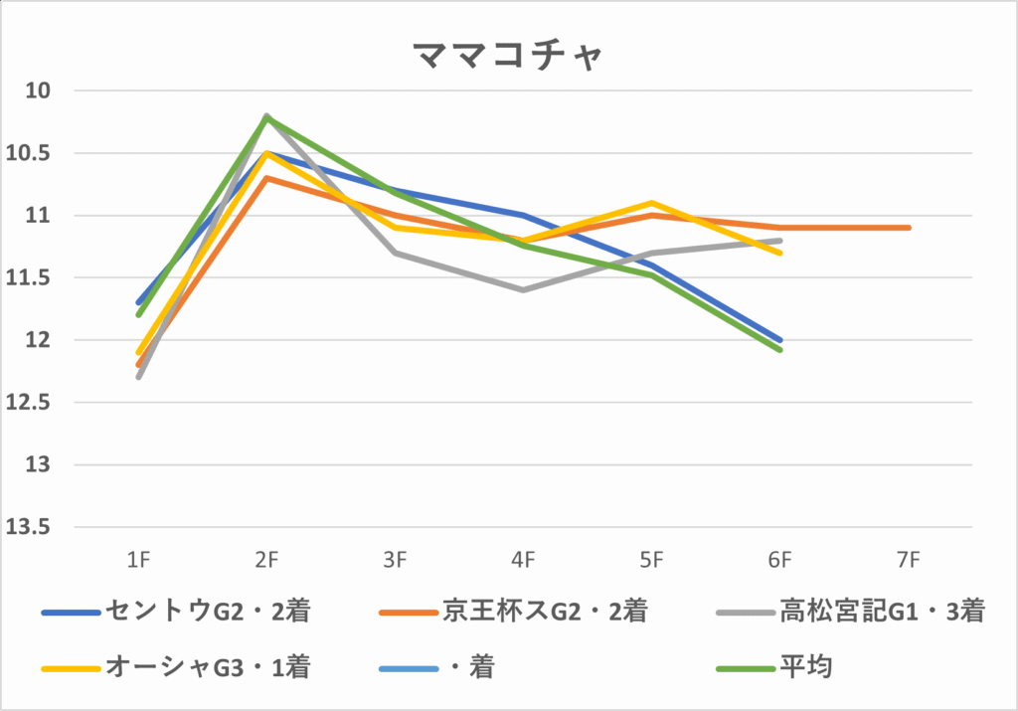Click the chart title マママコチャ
(508, 56)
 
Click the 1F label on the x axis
(139, 561)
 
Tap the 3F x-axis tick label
(395, 561)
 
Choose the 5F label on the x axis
(651, 561)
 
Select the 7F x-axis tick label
(908, 561)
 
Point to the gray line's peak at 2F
(266, 116)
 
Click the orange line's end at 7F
(908, 228)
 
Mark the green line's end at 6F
(779, 350)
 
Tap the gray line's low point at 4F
(523, 290)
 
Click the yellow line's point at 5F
(651, 203)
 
